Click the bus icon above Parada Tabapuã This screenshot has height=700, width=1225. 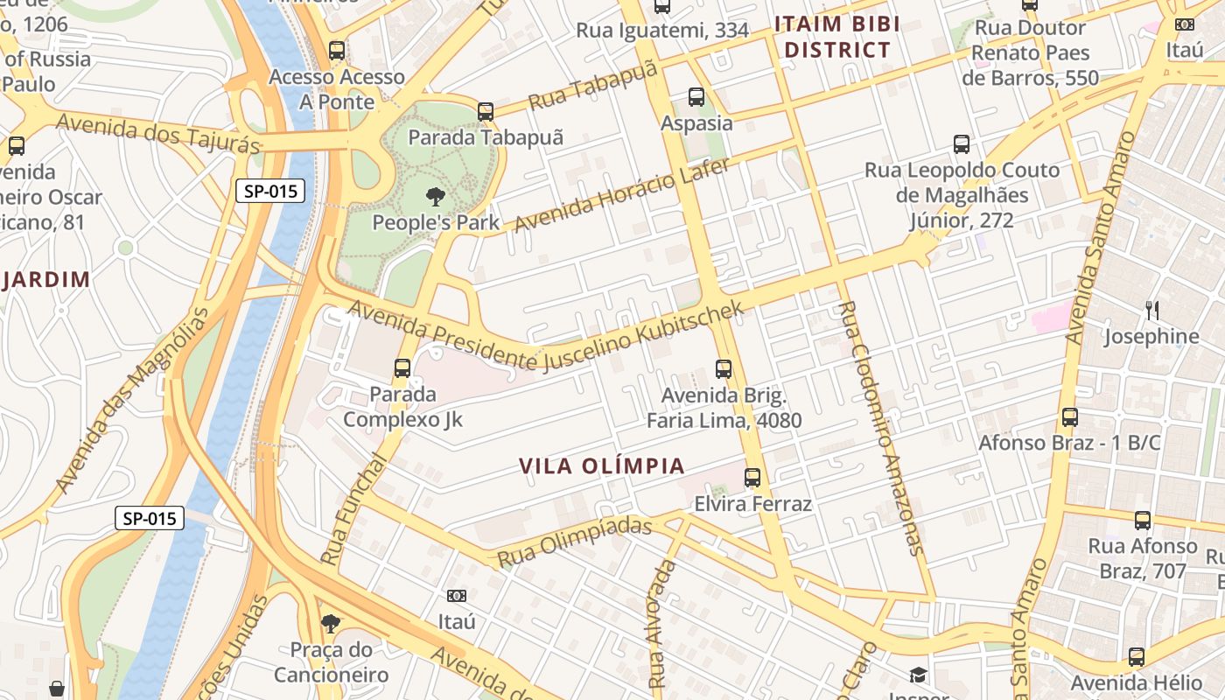coord(486,112)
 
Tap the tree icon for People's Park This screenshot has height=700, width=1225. coord(435,196)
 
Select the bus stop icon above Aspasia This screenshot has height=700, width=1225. coord(696,97)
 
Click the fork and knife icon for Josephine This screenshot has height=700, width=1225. coord(1152,310)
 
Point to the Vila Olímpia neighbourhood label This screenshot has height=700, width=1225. coord(602,466)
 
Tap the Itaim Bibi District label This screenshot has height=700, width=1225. coord(836,37)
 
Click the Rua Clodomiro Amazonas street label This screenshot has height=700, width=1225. coord(880,428)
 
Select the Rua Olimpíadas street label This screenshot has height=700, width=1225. coord(575,541)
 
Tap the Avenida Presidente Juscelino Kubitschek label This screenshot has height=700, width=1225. coord(546,337)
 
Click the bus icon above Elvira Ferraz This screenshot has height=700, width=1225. coord(752,478)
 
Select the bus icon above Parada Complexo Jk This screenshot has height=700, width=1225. coord(402,367)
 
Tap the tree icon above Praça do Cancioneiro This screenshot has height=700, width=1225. coord(331,623)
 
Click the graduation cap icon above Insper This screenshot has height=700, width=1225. coord(918,675)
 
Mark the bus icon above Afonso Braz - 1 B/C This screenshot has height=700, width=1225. coord(1069,417)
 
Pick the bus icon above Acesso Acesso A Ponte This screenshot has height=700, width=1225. coord(337,51)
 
